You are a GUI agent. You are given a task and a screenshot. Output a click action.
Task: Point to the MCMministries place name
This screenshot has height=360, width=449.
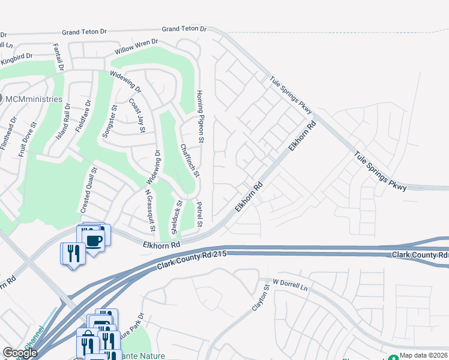tap(35, 99)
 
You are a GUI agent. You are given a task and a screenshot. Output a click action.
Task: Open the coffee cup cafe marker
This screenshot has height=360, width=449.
tap(95, 241)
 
